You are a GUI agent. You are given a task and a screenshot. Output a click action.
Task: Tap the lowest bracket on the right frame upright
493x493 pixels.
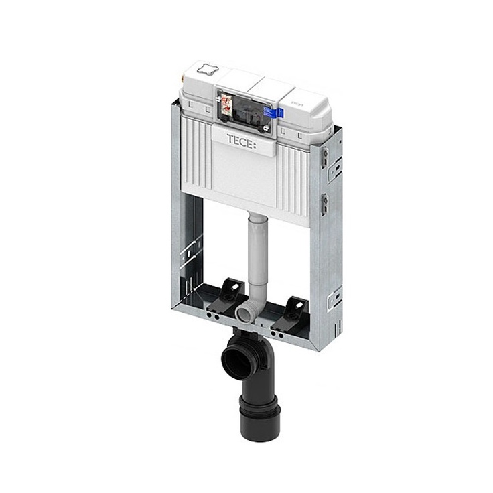[x=334, y=299]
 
